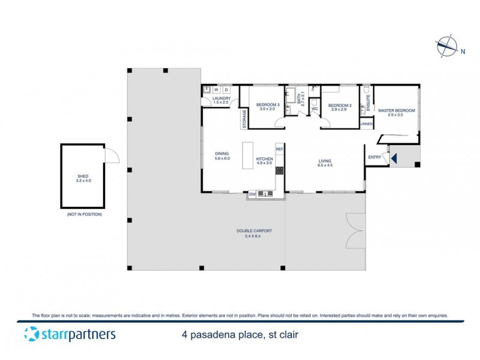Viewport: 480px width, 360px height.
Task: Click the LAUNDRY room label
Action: click(221, 100)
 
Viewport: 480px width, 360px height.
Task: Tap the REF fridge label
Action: click(279, 148)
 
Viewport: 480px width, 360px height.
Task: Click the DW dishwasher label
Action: click(252, 194)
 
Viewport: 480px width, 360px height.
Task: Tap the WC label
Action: click(314, 109)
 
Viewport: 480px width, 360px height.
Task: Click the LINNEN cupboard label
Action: click(367, 124)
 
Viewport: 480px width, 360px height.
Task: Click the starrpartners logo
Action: click(70, 334)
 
